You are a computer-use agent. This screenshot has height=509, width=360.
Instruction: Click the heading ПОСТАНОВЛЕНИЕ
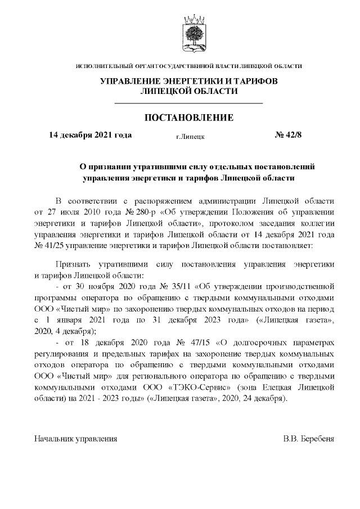pyautogui.click(x=188, y=118)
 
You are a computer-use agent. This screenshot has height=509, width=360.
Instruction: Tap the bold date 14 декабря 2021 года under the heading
pyautogui.click(x=91, y=135)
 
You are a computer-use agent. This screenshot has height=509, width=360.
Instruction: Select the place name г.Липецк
pyautogui.click(x=190, y=136)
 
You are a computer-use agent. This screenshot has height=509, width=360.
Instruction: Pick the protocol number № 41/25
pyautogui.click(x=52, y=245)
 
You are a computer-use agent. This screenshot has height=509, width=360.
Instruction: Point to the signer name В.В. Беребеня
pyautogui.click(x=308, y=438)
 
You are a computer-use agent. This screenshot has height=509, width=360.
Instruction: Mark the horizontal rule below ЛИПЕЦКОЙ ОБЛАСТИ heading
pyautogui.click(x=188, y=103)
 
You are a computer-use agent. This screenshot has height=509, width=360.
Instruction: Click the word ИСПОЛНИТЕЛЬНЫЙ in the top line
pyautogui.click(x=103, y=67)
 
